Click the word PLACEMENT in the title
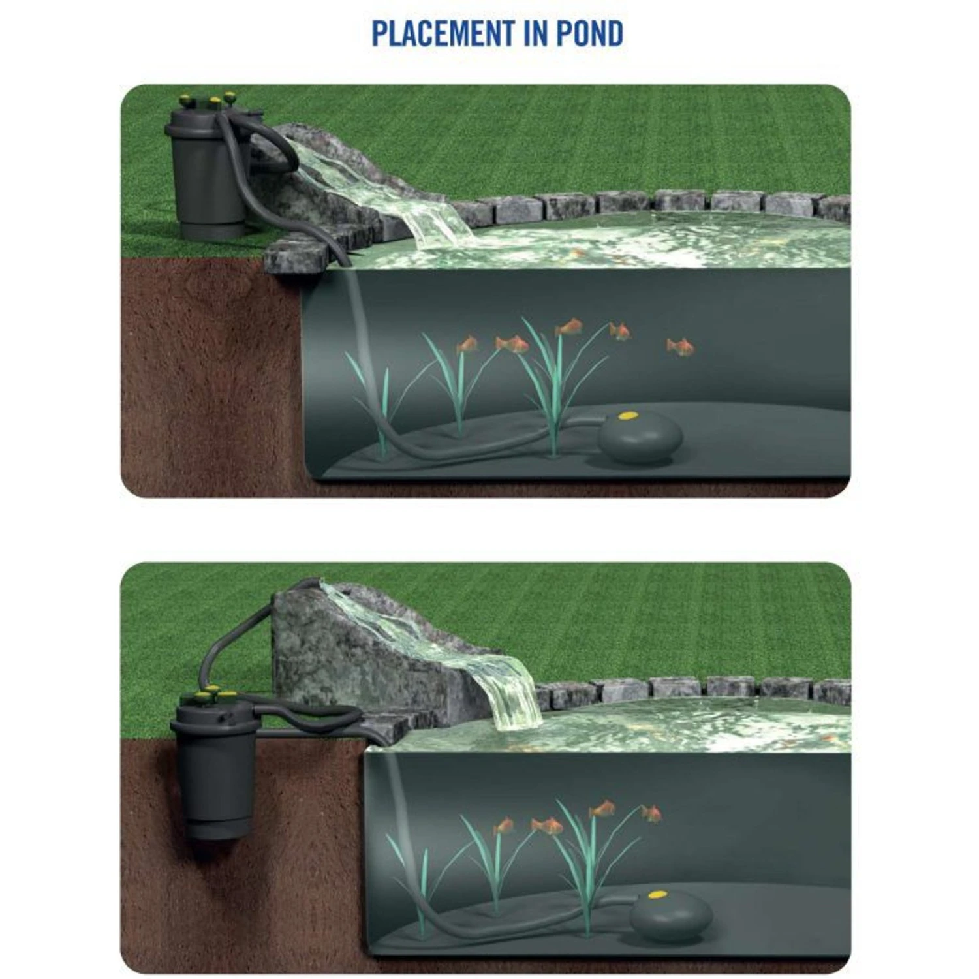click(x=443, y=33)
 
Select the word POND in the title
click(x=589, y=33)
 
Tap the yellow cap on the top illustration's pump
click(x=628, y=415)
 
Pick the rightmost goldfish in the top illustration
click(x=681, y=347)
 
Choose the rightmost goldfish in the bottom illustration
click(x=651, y=813)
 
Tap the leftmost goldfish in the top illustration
click(x=467, y=345)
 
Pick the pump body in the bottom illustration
click(x=671, y=916)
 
